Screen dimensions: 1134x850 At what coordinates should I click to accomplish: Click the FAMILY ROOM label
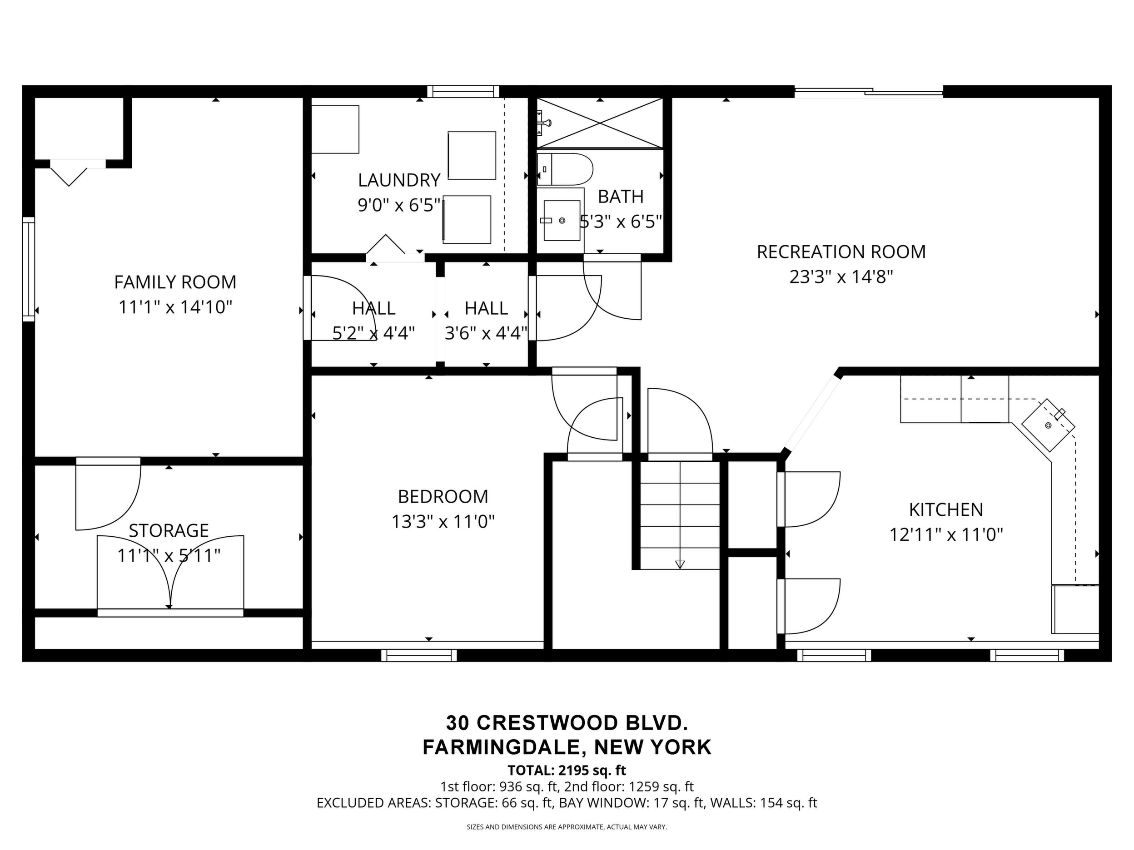[x=175, y=282]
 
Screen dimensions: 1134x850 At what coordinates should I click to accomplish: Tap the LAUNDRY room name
[x=399, y=180]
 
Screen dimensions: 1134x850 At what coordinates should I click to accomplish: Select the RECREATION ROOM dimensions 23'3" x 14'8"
[x=841, y=277]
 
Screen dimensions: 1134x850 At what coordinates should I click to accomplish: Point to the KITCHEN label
[x=946, y=510]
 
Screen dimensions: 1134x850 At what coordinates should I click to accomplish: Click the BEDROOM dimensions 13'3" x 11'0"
[x=443, y=522]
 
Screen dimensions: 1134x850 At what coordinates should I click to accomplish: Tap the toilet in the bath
[x=564, y=169]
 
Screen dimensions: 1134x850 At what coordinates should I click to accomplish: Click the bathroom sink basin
[x=562, y=220]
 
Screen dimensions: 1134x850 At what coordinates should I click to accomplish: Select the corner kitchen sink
[x=1049, y=425]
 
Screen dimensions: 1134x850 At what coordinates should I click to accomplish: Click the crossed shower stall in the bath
[x=600, y=124]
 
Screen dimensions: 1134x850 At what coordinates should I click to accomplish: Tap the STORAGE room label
[x=169, y=530]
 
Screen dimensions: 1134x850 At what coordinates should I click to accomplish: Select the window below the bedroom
[x=419, y=655]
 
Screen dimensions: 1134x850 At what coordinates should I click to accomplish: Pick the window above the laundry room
[x=463, y=92]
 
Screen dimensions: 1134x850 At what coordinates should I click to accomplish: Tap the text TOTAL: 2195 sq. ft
[x=567, y=770]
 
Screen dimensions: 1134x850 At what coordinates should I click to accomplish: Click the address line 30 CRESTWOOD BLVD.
[x=567, y=723]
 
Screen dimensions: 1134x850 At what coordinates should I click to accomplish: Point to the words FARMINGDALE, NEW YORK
[x=567, y=747]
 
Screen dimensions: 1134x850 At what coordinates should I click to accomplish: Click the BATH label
[x=621, y=197]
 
